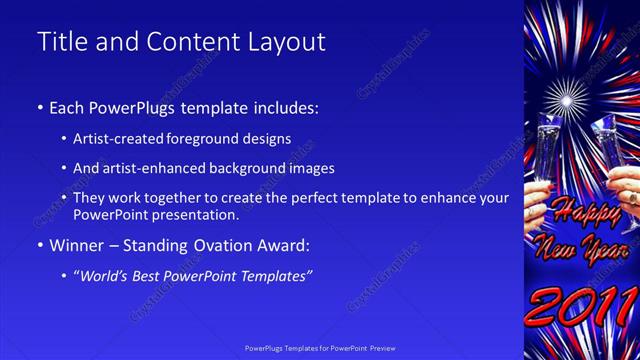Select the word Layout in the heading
click(x=289, y=42)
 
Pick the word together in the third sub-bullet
click(x=178, y=198)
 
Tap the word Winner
click(x=75, y=245)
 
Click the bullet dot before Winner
click(x=39, y=246)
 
